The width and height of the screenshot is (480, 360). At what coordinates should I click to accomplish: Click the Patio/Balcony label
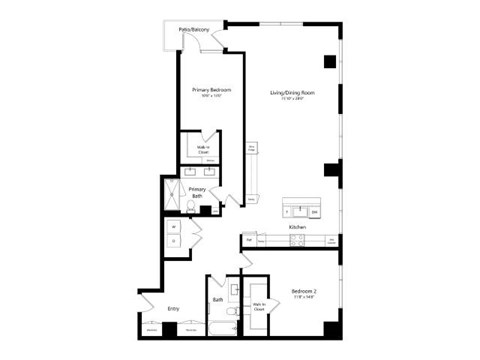(193, 31)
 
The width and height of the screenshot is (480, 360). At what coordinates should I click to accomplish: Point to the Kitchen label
(297, 228)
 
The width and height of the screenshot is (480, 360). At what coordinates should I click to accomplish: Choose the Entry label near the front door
(172, 308)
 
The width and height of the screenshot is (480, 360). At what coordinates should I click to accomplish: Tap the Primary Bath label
(197, 192)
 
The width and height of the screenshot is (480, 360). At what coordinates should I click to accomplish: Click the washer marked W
(175, 227)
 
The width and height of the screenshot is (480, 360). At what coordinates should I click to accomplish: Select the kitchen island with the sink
(300, 209)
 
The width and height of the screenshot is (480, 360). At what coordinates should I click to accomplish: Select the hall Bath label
(217, 300)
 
